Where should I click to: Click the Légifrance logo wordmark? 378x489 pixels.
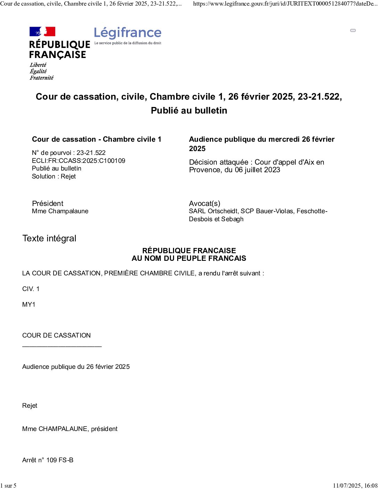coord(128,33)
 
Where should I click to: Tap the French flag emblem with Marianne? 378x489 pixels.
coord(42,32)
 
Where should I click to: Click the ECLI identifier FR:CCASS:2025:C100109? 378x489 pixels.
coord(79,160)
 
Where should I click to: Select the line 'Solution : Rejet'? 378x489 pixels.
coord(54,176)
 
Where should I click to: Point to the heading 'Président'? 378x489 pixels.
coord(48,204)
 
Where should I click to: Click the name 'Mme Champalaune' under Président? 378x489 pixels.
coord(60,211)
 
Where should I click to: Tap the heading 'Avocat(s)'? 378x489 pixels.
coord(205,204)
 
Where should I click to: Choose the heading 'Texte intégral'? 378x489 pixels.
coord(49,238)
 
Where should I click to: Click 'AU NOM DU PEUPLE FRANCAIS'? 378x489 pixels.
coord(189,258)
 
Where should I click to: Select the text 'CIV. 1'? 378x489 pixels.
coord(31,289)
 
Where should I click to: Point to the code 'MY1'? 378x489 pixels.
coord(29,305)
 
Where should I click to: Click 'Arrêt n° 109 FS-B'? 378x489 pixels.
coord(48,460)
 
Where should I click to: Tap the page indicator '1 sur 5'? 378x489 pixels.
coord(8,486)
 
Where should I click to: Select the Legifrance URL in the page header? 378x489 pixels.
coord(285,4)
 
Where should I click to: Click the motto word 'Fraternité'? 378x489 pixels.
coord(42,78)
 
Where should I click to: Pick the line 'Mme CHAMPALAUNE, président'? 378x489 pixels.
coord(70,429)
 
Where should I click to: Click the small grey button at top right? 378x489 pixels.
coord(353,31)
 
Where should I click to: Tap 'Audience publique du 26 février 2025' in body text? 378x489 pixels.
coord(76,367)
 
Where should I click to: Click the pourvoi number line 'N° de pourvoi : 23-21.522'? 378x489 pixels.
coord(69,153)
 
